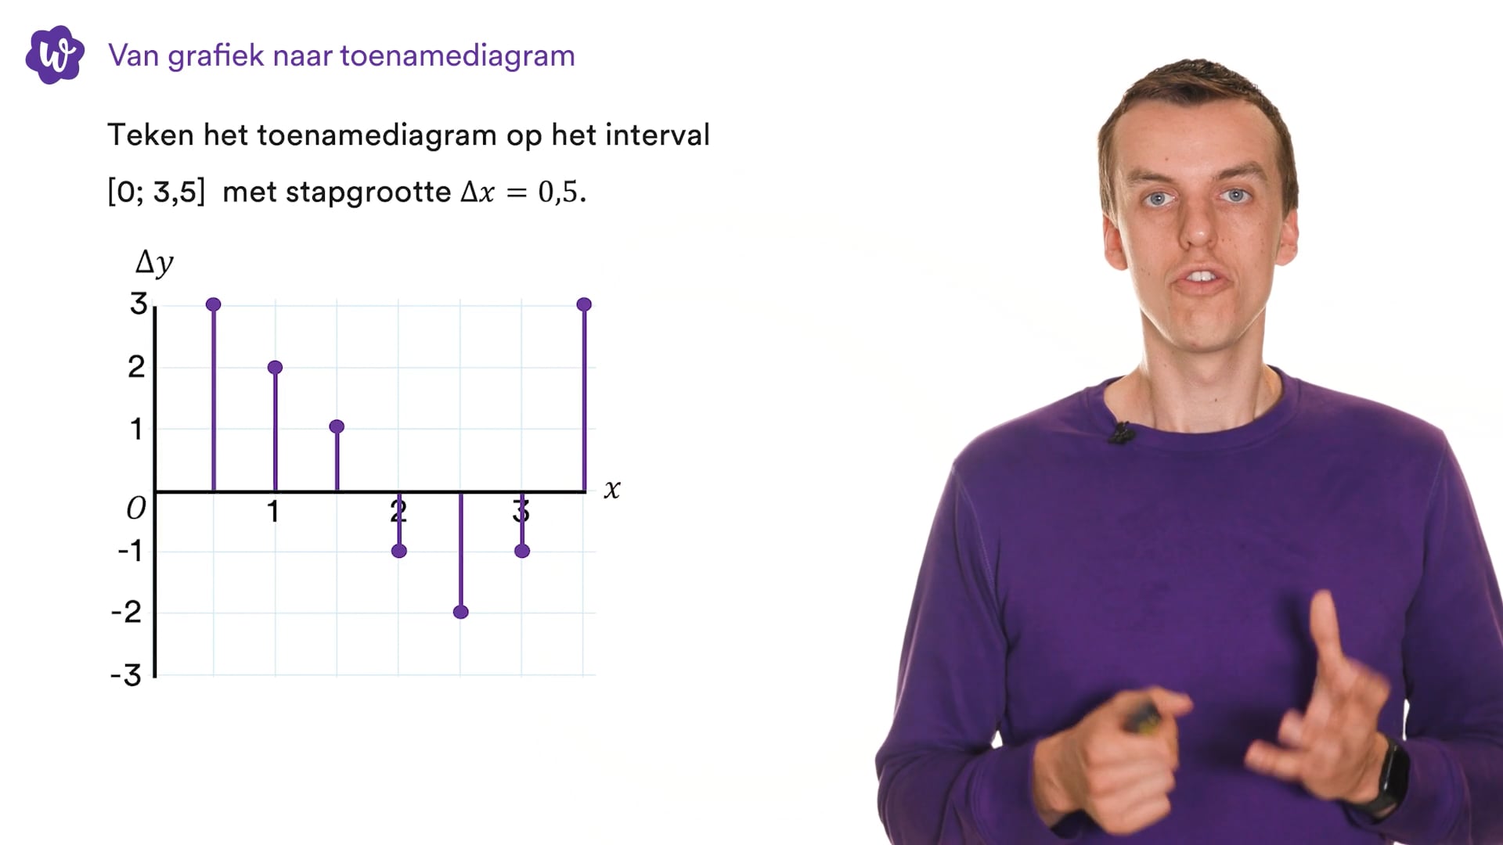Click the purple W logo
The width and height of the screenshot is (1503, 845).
click(x=55, y=55)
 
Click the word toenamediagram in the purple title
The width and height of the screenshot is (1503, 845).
click(x=457, y=56)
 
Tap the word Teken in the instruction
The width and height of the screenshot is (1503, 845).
click(x=150, y=135)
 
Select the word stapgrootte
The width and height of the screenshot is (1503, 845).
click(x=368, y=192)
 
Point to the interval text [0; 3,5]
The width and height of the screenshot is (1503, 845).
click(x=157, y=192)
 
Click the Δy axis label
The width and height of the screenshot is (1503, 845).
click(x=154, y=263)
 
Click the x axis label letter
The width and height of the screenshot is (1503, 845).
click(x=612, y=490)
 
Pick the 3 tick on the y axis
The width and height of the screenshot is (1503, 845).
click(x=139, y=304)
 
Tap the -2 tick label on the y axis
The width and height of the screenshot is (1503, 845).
click(x=127, y=612)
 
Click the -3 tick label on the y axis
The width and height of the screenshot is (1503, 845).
click(x=127, y=675)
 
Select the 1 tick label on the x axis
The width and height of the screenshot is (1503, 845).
click(x=272, y=512)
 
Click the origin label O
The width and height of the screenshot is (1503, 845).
click(x=136, y=509)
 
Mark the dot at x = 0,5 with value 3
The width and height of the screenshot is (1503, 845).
click(x=214, y=304)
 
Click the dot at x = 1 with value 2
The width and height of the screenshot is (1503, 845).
click(x=275, y=367)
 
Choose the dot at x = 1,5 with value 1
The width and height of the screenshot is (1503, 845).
click(x=337, y=426)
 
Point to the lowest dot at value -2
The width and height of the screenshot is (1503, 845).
click(x=461, y=612)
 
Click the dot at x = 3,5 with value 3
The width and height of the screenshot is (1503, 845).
click(x=584, y=304)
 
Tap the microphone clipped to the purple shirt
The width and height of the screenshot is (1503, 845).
click(x=1123, y=433)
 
